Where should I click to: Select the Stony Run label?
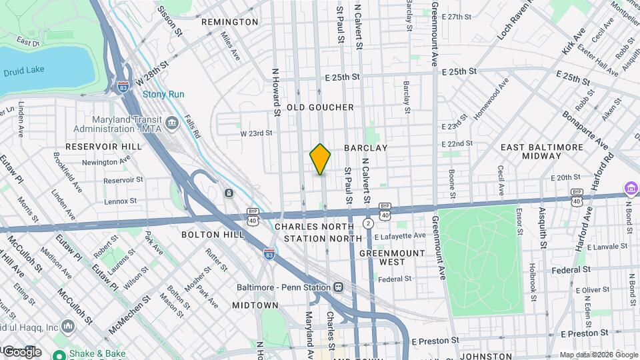pos(163,94)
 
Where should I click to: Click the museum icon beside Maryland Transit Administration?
pos(172,122)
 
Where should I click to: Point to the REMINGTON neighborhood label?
pos(229,22)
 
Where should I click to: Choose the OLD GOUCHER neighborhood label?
pos(320,107)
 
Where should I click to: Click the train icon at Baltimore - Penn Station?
pos(339,287)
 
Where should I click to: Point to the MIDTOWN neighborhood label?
pos(255,305)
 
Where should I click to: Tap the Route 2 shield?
pos(367,222)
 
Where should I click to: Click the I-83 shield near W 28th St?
pos(123,87)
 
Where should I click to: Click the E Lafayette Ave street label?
pos(399,236)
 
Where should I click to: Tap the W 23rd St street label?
pos(257,133)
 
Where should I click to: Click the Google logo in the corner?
pos(21,351)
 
